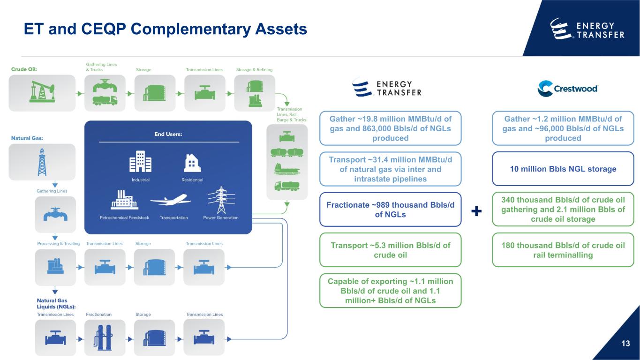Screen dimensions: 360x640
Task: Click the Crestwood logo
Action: point(568,88)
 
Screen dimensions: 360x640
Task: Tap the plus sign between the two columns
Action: point(476,212)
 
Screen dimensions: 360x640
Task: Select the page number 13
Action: point(625,344)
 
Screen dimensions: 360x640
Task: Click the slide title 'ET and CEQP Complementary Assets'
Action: point(166,29)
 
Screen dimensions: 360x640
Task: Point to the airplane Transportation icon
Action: point(171,201)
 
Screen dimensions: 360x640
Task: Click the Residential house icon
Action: point(192,163)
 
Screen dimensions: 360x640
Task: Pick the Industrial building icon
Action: point(141,162)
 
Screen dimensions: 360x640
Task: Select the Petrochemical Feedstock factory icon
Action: point(124,201)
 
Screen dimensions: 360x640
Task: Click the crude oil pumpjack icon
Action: point(42,92)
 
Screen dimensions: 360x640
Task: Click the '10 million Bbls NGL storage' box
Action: point(563,169)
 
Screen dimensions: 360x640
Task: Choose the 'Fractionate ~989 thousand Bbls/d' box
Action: point(390,210)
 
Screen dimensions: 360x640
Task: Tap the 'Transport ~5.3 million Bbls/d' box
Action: point(390,250)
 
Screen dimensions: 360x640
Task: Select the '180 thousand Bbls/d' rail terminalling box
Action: point(563,250)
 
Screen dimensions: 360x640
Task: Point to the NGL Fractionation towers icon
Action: point(105,337)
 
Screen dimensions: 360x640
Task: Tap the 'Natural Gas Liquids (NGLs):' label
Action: point(57,303)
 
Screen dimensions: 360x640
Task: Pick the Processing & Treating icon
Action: point(55,267)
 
